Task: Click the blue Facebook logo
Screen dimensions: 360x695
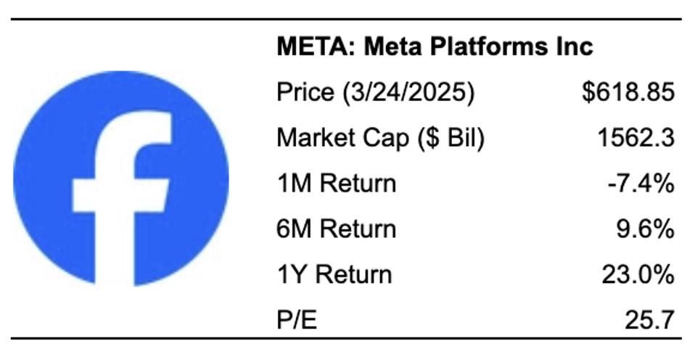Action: tap(120, 178)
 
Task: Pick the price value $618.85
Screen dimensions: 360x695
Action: tap(628, 93)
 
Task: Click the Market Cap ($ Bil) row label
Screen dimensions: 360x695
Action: tap(380, 138)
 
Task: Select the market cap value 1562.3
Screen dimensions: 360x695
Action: tap(636, 138)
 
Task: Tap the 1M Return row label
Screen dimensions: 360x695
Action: tap(337, 184)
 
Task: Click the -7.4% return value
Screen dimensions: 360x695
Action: tap(641, 184)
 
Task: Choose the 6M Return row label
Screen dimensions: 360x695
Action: tap(337, 229)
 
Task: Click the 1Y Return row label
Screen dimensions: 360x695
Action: tap(334, 275)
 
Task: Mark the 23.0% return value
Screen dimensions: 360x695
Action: tap(638, 275)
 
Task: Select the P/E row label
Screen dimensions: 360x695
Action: tap(297, 319)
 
